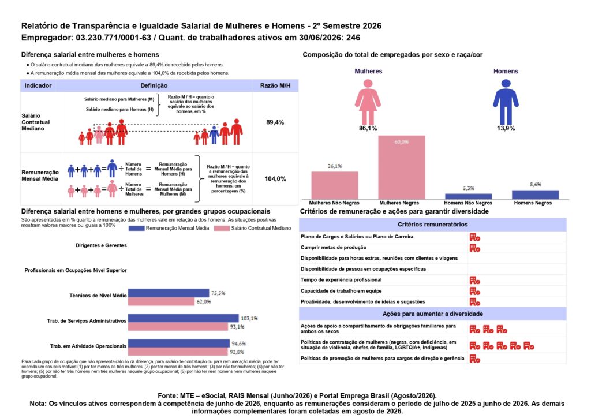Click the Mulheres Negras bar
pos(402,167)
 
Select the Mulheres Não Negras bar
pos(335,185)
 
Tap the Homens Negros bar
pos(535,195)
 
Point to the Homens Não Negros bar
pos(469,196)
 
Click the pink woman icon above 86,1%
pos(368,102)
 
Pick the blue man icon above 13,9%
pos(506,102)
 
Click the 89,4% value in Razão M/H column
pos(275,122)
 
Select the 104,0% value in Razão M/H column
pos(275,178)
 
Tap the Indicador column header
pos(38,85)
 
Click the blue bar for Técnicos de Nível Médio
pos(169,293)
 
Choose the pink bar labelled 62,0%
pos(162,301)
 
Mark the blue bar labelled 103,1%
pos(183,318)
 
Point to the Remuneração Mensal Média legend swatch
pos(136,229)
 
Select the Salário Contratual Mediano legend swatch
pos(222,229)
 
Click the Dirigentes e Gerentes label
pos(101,245)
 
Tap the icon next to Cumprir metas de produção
pos(475,248)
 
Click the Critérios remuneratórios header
pos(433,224)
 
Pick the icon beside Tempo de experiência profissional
pos(475,281)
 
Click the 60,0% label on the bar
pos(402,141)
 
